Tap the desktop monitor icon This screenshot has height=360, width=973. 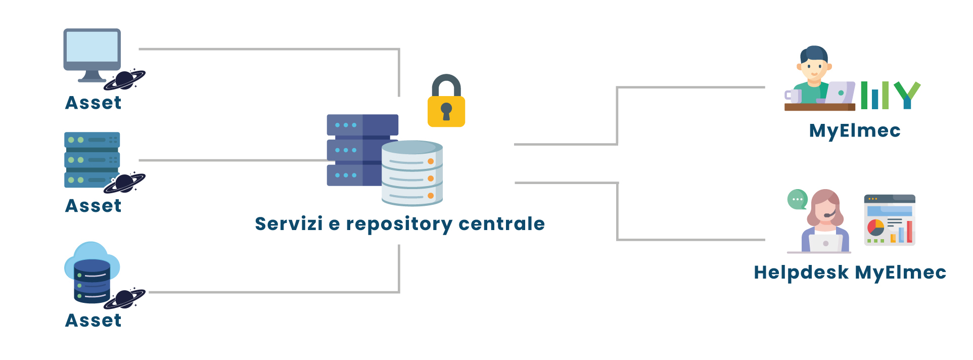[x=92, y=54]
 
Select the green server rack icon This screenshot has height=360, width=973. [x=92, y=160]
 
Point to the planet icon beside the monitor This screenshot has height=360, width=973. [x=125, y=80]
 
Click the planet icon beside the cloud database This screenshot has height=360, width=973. [x=125, y=299]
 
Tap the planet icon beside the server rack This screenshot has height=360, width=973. [x=125, y=183]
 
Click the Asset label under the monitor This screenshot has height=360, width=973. [x=94, y=103]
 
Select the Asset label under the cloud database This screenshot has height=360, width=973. [x=94, y=321]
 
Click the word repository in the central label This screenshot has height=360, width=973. [x=399, y=224]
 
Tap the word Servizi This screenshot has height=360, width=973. [x=289, y=223]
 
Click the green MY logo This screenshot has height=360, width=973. [x=890, y=95]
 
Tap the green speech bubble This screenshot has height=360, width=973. [x=798, y=199]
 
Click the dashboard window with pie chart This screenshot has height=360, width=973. [x=890, y=220]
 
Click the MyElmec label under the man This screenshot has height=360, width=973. [x=855, y=130]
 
